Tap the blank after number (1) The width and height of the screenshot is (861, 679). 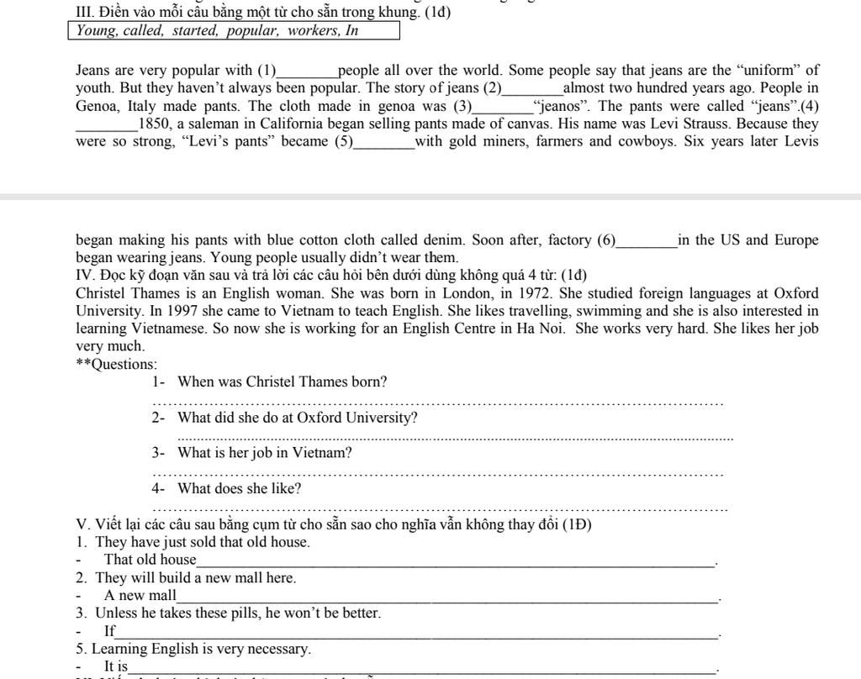(307, 72)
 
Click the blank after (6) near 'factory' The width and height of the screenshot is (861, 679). (647, 241)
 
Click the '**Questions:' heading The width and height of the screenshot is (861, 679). (116, 364)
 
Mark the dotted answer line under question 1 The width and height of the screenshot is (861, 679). (437, 402)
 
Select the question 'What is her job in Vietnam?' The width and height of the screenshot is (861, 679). (265, 453)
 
